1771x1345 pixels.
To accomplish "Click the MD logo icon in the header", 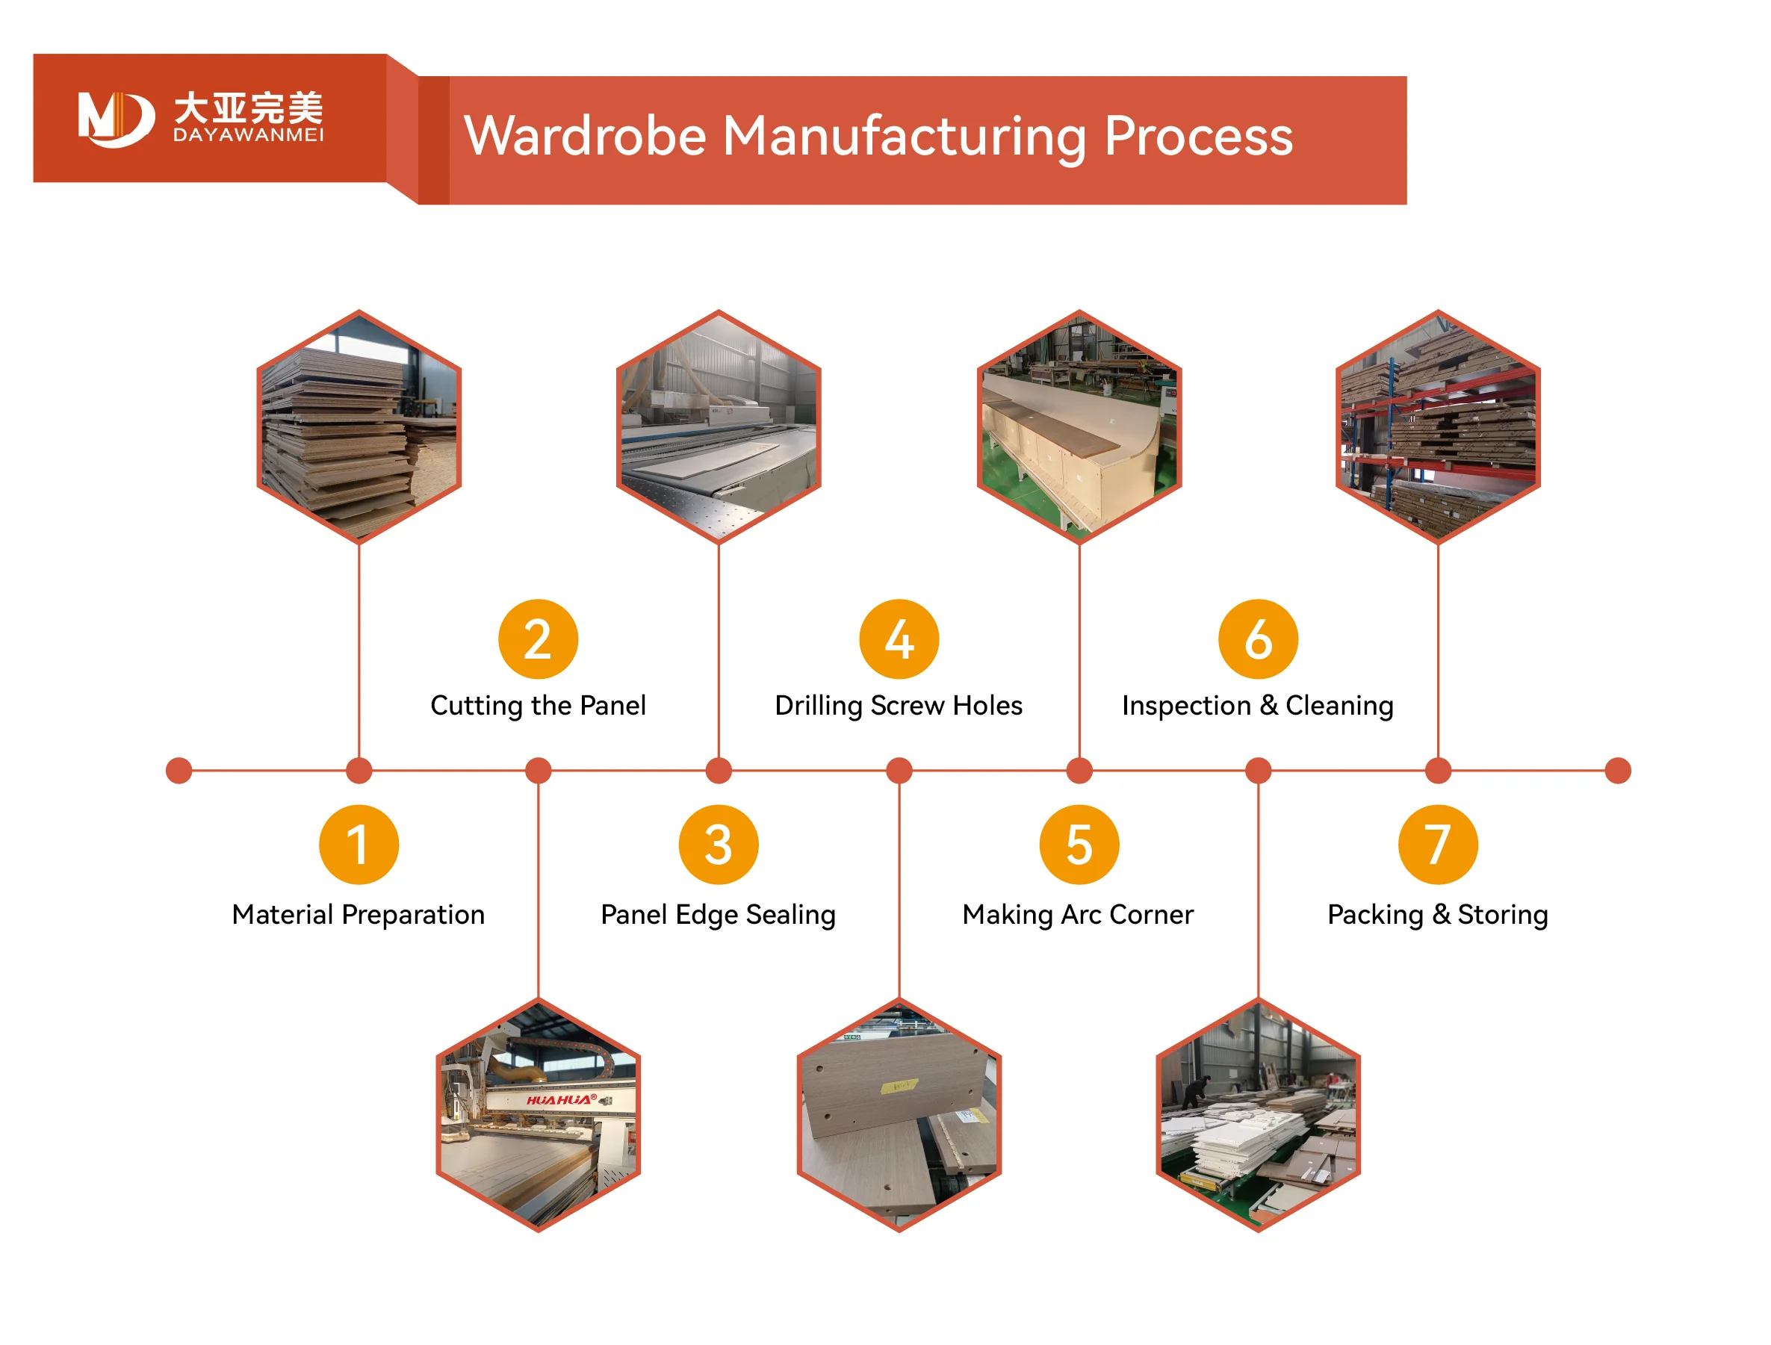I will pyautogui.click(x=115, y=119).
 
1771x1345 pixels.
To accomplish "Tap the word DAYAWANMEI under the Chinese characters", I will pyautogui.click(x=248, y=135).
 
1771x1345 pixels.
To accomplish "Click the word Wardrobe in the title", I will pyautogui.click(x=584, y=136).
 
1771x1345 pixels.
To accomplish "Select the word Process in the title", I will pyautogui.click(x=1198, y=136).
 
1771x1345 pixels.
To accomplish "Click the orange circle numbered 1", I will pyautogui.click(x=359, y=845).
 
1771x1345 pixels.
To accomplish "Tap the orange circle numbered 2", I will pyautogui.click(x=538, y=639).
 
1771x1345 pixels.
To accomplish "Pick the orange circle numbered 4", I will pyautogui.click(x=899, y=639).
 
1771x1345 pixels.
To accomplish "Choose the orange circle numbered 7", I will pyautogui.click(x=1437, y=845).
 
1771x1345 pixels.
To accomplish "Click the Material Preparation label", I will pyautogui.click(x=358, y=914).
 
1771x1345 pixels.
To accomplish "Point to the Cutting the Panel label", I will pyautogui.click(x=538, y=705).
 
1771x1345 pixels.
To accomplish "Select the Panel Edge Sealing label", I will pyautogui.click(x=718, y=914).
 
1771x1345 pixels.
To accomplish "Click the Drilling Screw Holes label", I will pyautogui.click(x=899, y=705).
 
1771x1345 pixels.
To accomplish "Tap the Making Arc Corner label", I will pyautogui.click(x=1078, y=914).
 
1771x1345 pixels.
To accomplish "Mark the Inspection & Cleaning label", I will pyautogui.click(x=1258, y=705).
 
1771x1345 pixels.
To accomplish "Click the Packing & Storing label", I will pyautogui.click(x=1437, y=914).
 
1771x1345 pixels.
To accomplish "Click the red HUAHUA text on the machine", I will pyautogui.click(x=560, y=1100).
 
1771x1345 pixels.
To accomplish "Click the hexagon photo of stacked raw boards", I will pyautogui.click(x=359, y=426).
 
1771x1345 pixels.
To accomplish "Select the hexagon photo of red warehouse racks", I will pyautogui.click(x=1438, y=426).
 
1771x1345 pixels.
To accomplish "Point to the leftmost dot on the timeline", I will pyautogui.click(x=179, y=770).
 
